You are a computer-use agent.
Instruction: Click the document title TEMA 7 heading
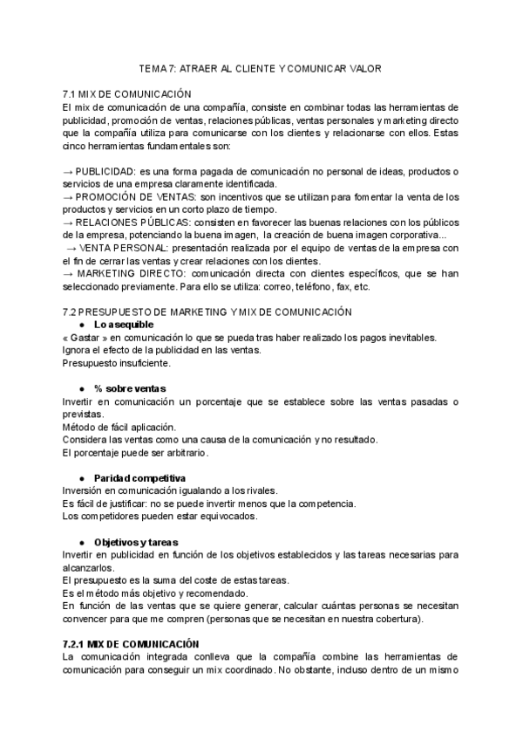pos(261,68)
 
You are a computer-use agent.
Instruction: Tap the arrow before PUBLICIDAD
pos(69,170)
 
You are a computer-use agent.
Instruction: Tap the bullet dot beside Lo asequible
pos(82,325)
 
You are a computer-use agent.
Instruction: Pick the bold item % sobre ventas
pos(130,387)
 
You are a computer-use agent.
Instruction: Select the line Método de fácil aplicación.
pos(119,427)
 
